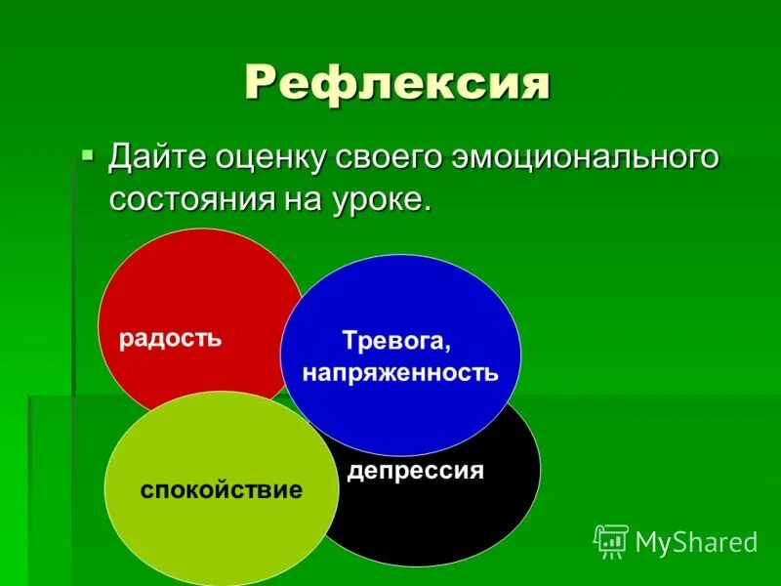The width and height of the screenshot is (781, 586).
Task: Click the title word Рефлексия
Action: tap(396, 82)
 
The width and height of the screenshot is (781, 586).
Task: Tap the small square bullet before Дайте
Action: tap(88, 154)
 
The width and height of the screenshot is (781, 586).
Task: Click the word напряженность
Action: tap(400, 372)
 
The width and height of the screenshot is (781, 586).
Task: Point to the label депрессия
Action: tap(416, 471)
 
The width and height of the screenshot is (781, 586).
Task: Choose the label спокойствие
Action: tap(222, 488)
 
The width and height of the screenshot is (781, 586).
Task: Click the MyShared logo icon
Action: tap(610, 541)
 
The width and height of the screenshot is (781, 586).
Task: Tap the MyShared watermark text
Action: tap(696, 542)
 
